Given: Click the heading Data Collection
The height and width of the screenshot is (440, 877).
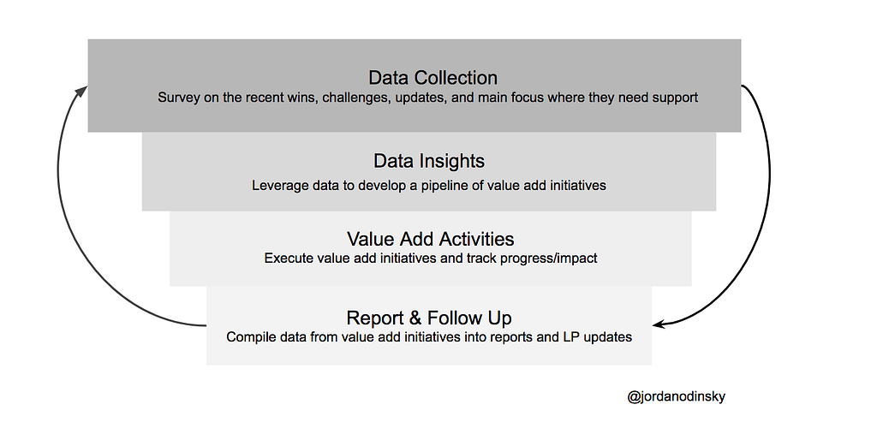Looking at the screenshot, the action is pyautogui.click(x=433, y=78).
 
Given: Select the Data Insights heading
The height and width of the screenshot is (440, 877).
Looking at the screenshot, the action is pyautogui.click(x=429, y=161).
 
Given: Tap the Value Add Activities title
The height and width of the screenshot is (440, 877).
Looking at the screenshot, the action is pyautogui.click(x=430, y=239).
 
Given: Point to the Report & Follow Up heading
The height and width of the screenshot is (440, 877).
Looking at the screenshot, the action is pyautogui.click(x=429, y=318).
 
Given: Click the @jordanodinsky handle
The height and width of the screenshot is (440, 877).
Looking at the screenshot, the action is pyautogui.click(x=677, y=397).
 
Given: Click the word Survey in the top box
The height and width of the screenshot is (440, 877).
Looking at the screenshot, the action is pyautogui.click(x=178, y=98).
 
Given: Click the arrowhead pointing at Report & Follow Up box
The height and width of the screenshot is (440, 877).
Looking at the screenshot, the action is pyautogui.click(x=659, y=324).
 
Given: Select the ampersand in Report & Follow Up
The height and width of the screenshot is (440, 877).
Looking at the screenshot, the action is pyautogui.click(x=415, y=318).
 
